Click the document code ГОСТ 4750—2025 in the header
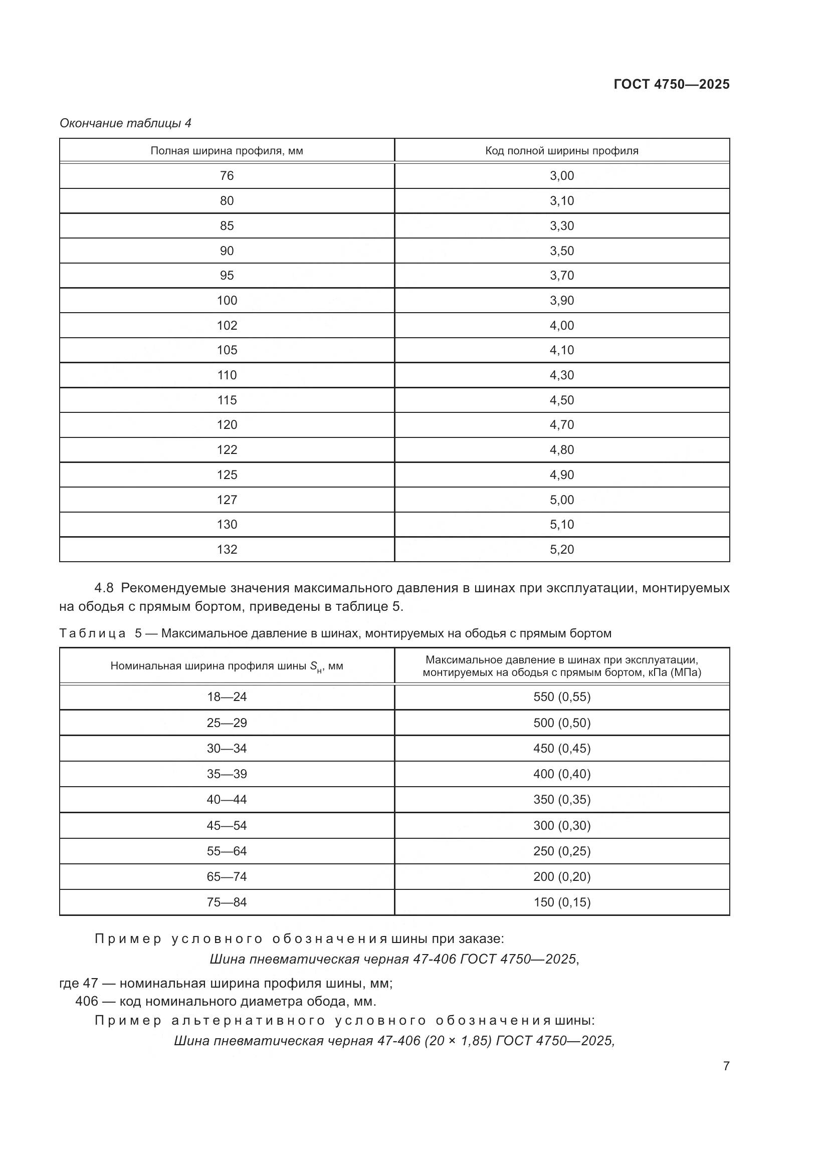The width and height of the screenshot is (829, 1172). [x=671, y=84]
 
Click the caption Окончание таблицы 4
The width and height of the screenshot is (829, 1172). [x=126, y=123]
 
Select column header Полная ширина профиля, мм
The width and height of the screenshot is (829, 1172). [x=227, y=151]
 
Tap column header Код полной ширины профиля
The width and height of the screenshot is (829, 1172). [x=561, y=151]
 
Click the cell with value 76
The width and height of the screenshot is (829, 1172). [x=227, y=175]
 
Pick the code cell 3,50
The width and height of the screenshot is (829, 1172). [x=561, y=251]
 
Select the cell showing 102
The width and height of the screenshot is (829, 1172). [x=227, y=325]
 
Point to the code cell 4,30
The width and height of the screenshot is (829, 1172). [x=561, y=375]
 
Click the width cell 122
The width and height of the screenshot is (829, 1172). [x=227, y=449]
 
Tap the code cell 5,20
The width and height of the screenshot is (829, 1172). [x=561, y=549]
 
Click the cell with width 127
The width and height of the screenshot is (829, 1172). [x=227, y=500]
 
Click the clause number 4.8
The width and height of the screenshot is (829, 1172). [x=104, y=588]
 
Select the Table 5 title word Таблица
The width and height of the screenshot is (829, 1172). [x=92, y=633]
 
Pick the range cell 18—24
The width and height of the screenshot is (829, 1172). [x=227, y=697]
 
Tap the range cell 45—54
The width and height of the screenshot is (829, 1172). [x=227, y=825]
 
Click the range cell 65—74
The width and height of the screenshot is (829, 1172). [x=227, y=876]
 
